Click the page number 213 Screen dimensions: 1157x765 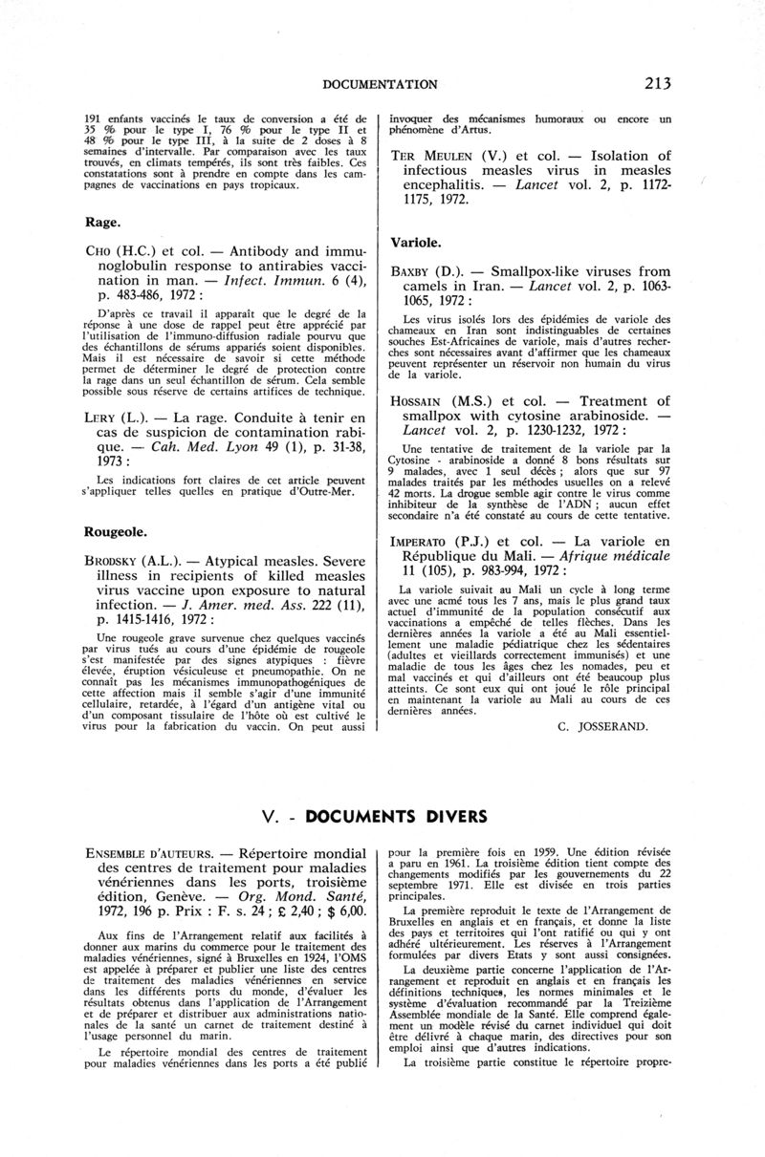[x=658, y=84]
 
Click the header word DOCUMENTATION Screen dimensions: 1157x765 [x=381, y=85]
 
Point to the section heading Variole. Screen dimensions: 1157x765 [x=416, y=243]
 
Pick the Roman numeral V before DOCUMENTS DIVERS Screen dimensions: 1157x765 [x=268, y=817]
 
